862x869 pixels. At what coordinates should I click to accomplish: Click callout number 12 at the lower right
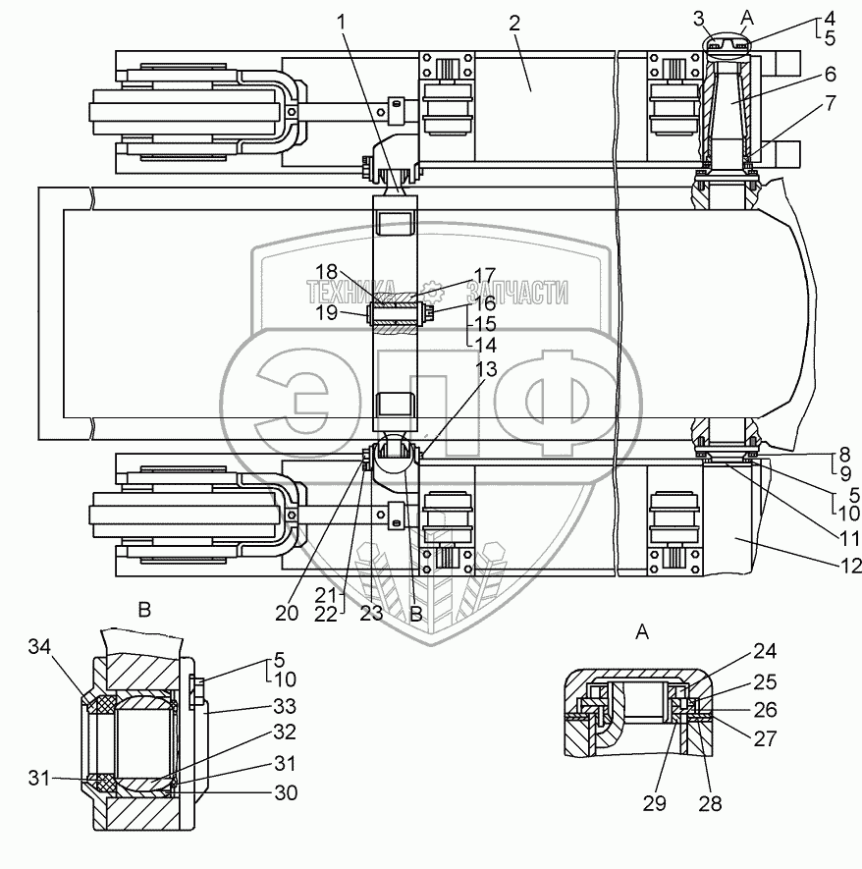850,565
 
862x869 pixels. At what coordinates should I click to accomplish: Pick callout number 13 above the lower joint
486,368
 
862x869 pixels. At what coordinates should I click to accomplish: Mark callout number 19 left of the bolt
327,313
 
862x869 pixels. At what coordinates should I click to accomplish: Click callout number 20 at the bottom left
287,614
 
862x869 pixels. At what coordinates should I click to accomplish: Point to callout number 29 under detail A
655,803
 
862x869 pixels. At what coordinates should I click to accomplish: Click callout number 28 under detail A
710,803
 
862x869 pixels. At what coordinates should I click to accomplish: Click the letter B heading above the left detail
144,610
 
